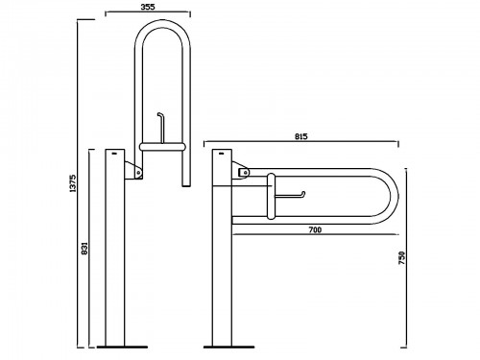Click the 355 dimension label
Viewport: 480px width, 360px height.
[148, 7]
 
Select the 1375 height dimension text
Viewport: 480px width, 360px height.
[73, 183]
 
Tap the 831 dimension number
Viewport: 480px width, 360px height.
[84, 249]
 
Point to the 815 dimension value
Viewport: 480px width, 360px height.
[301, 136]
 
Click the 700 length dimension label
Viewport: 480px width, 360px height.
[315, 229]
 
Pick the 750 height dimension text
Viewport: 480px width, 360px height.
[402, 258]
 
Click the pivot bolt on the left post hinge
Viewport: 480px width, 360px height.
[138, 172]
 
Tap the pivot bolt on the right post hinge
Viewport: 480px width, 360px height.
[245, 173]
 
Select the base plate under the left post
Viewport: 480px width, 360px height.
[122, 347]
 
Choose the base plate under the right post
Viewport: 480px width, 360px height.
[229, 347]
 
